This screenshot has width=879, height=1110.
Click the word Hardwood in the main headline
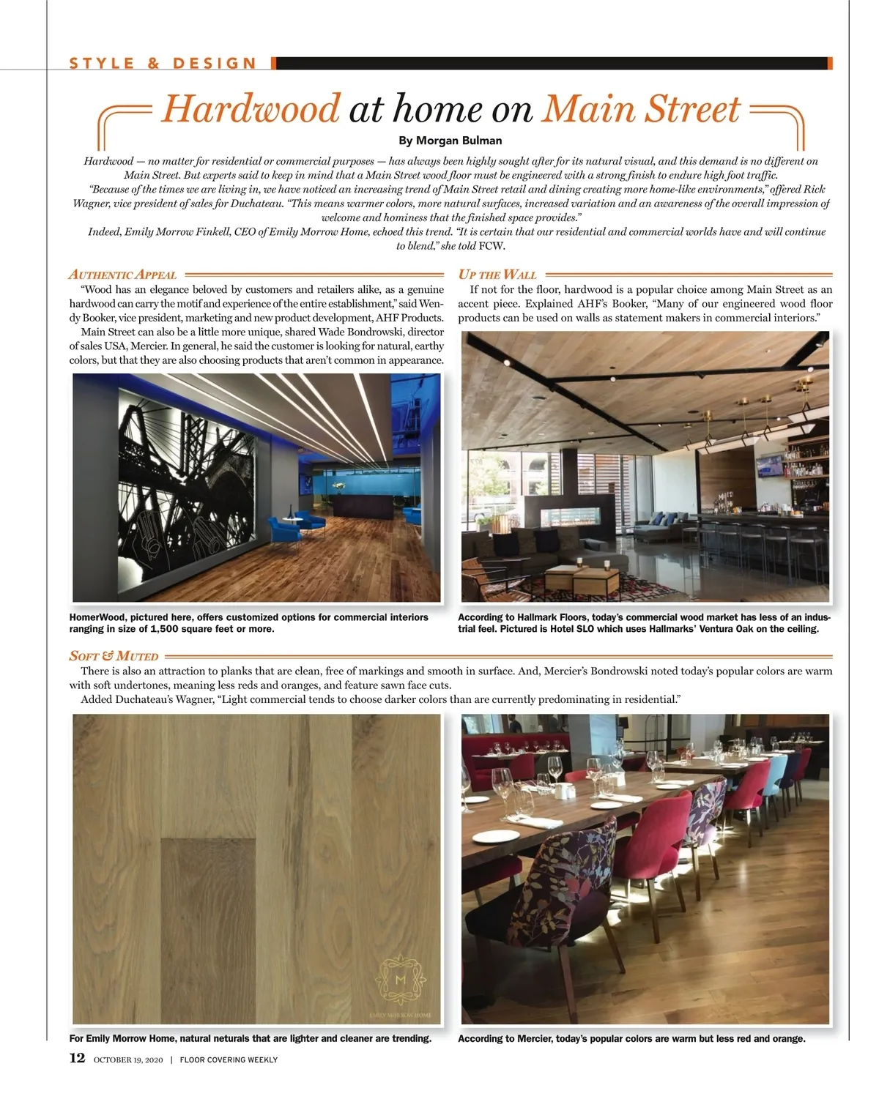point(251,109)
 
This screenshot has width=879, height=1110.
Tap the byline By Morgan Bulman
point(450,140)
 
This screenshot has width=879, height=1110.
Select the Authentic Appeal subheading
point(122,275)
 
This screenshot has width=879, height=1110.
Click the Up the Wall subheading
point(497,275)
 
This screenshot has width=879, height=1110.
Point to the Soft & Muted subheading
point(114,656)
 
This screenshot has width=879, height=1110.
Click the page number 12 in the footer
point(77,1058)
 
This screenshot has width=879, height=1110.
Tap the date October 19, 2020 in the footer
point(128,1059)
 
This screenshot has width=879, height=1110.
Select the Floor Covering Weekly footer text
point(229,1059)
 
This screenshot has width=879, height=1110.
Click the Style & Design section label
point(163,64)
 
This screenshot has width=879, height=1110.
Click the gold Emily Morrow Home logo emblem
point(400,979)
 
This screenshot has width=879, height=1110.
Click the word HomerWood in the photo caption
point(97,617)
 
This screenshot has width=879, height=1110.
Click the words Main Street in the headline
point(640,109)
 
